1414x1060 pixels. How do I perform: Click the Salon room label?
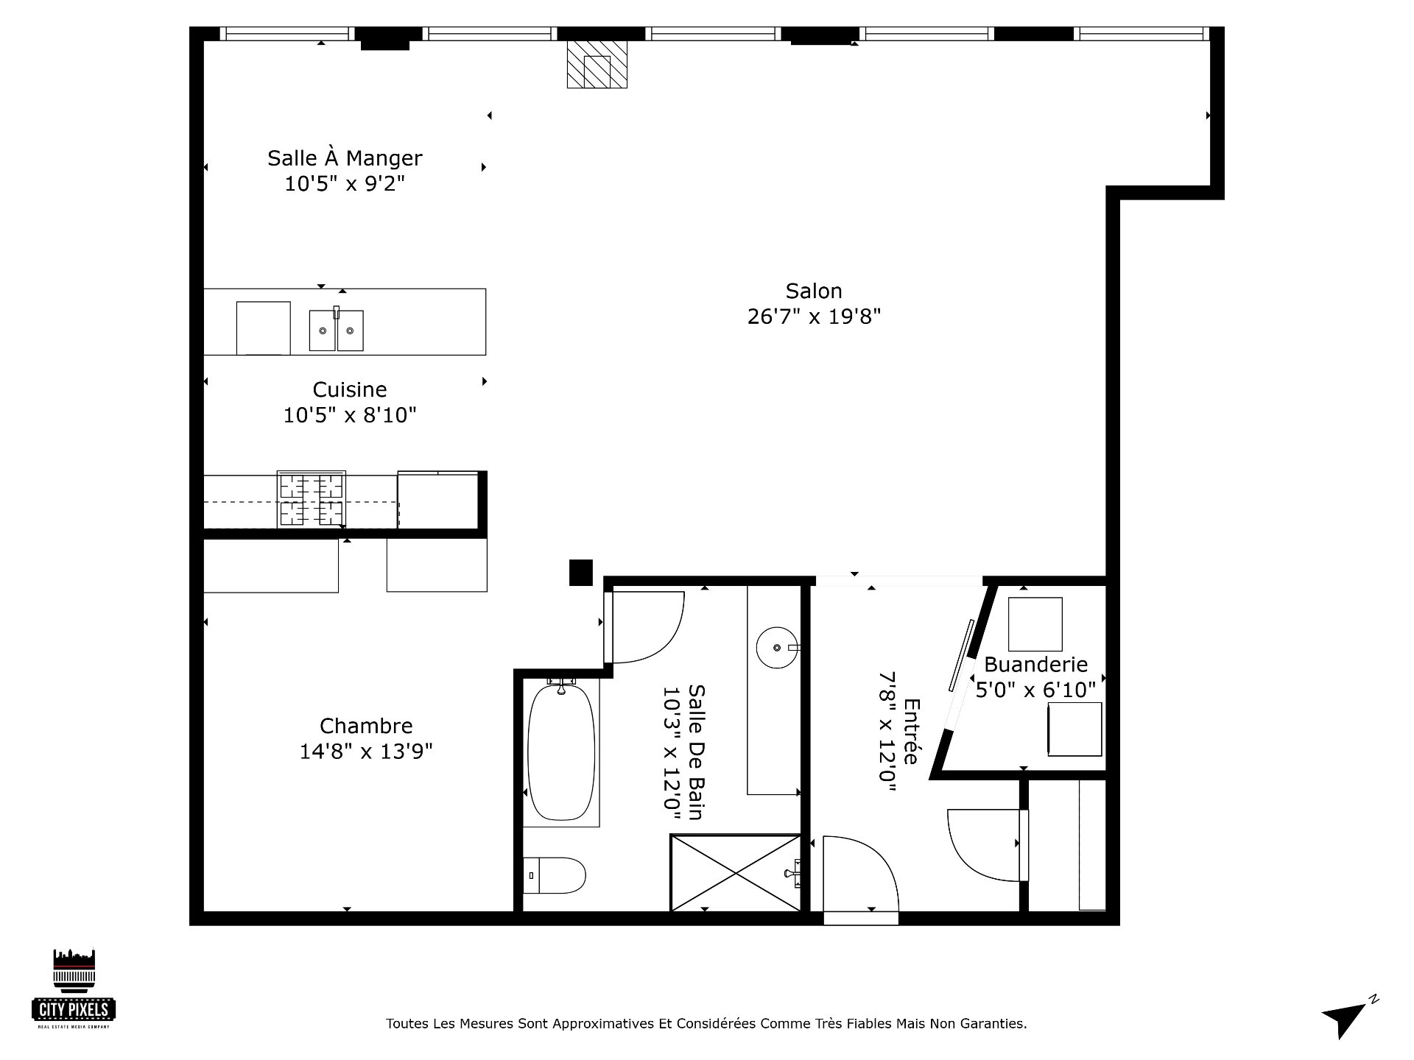(813, 291)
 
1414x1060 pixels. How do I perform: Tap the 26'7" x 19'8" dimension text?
(813, 317)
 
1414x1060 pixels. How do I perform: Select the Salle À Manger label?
(345, 158)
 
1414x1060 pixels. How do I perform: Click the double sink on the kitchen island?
(336, 331)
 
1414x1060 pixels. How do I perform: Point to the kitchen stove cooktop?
(311, 500)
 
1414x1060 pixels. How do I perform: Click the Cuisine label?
(349, 389)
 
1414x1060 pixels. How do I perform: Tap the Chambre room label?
(365, 726)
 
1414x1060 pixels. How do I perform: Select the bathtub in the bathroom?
(561, 752)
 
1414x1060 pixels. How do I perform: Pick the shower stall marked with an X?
(735, 873)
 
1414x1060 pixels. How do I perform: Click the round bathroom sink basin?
(776, 647)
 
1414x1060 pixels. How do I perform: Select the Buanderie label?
(1035, 665)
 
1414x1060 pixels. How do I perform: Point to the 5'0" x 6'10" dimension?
(1035, 690)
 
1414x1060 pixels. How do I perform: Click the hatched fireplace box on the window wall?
(597, 65)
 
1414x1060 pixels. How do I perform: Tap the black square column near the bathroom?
(581, 573)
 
